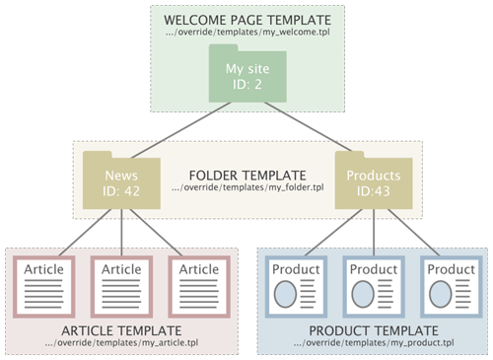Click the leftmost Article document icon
click(44, 287)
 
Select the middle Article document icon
click(121, 287)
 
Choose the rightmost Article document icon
click(199, 287)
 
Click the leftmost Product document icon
click(295, 287)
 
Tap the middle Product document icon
click(372, 287)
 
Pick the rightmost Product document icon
click(450, 287)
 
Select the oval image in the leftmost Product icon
click(285, 293)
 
